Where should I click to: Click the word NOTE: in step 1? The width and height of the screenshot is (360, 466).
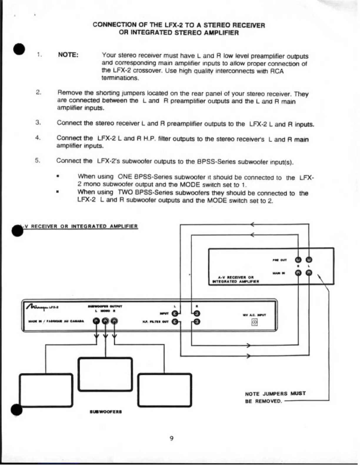[x=68, y=55]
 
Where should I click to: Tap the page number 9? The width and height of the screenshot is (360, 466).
[x=171, y=438]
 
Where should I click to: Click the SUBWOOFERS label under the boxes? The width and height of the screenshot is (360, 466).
[x=106, y=412]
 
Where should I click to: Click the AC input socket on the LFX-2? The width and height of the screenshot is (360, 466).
[x=254, y=322]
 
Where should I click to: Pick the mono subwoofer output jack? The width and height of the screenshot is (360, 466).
[x=105, y=321]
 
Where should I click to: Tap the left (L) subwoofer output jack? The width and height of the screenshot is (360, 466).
[x=96, y=321]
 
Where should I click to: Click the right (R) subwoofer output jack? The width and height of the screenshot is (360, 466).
[x=114, y=321]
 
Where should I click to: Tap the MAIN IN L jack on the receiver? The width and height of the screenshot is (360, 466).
[x=309, y=273]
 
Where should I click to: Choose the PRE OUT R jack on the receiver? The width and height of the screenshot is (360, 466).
[x=298, y=260]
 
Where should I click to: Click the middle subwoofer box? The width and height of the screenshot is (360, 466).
[x=105, y=374]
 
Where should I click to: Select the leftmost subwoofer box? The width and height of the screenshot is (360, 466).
[x=46, y=390]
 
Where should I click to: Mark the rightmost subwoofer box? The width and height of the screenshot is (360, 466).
[x=165, y=390]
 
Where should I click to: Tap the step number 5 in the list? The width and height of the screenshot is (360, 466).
[x=37, y=160]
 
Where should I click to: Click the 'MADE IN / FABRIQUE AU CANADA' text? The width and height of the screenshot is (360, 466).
[x=56, y=321]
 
